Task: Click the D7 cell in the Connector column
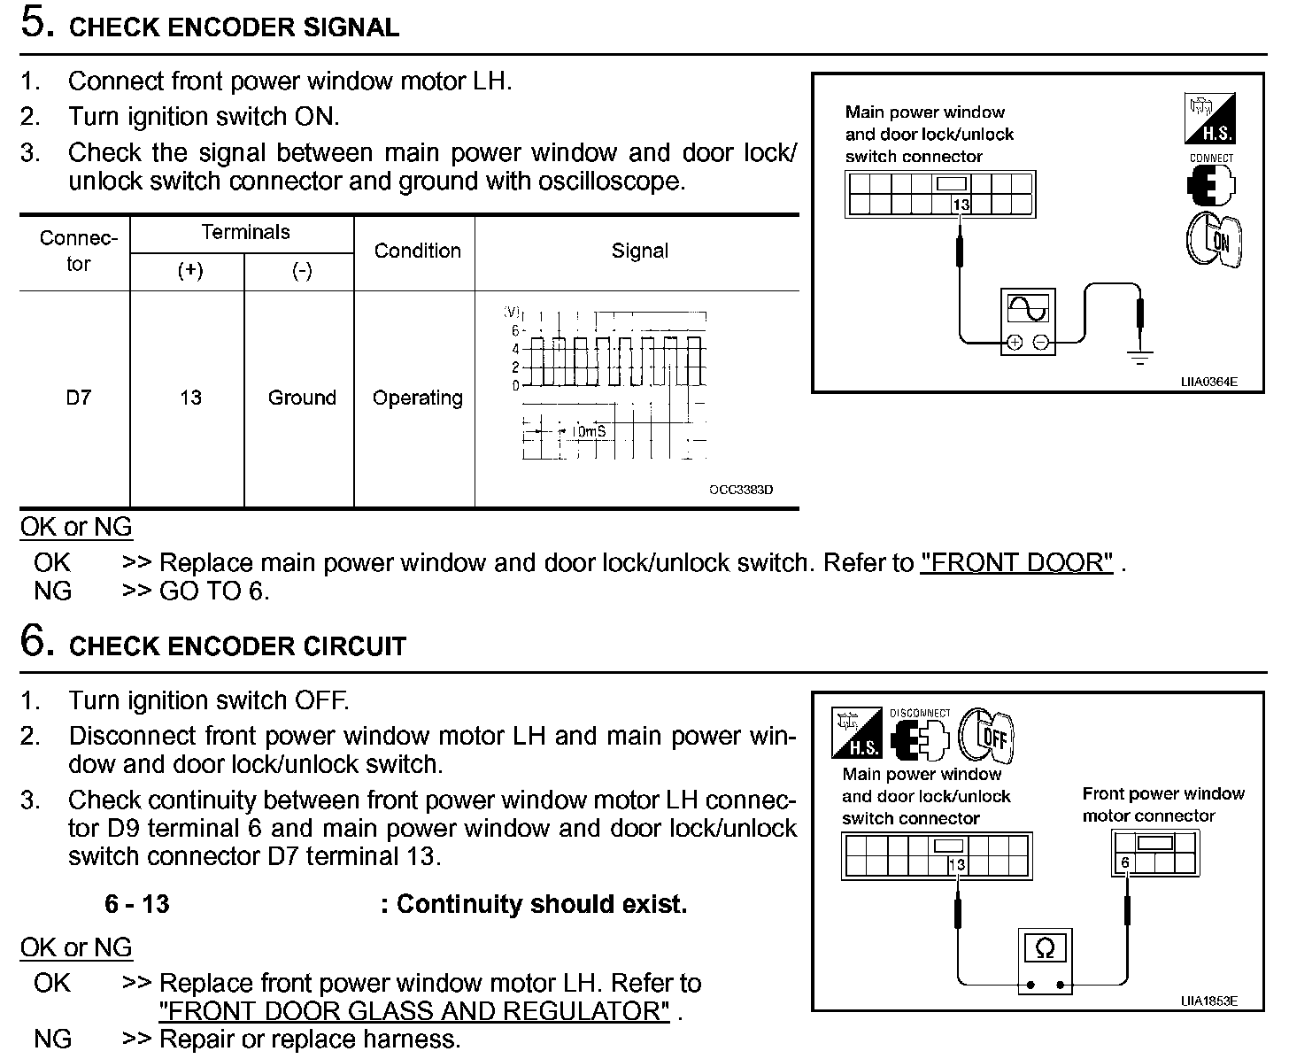point(78,398)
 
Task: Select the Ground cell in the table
point(302,398)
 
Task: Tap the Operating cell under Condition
point(417,398)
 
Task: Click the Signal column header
point(639,251)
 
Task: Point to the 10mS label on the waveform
point(588,431)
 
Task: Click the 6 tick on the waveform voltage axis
point(514,330)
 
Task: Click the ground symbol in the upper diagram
point(1140,359)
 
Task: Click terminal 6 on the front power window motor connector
point(1125,862)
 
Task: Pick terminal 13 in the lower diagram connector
point(956,865)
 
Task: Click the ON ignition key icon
point(1215,239)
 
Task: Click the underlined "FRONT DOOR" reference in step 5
point(1016,562)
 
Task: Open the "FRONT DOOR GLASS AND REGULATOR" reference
point(414,1011)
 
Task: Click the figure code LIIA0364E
point(1208,382)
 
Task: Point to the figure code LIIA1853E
point(1208,1001)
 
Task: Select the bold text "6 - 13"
point(136,904)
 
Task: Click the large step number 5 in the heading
point(34,24)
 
